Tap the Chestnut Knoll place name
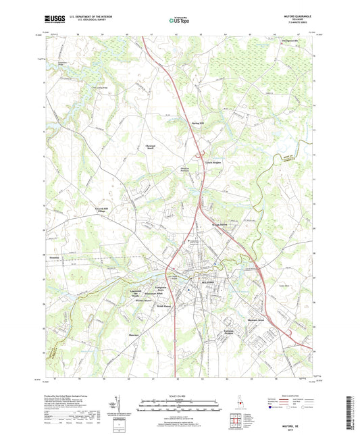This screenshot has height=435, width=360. [151, 147]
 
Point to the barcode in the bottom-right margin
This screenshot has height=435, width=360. [349, 411]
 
